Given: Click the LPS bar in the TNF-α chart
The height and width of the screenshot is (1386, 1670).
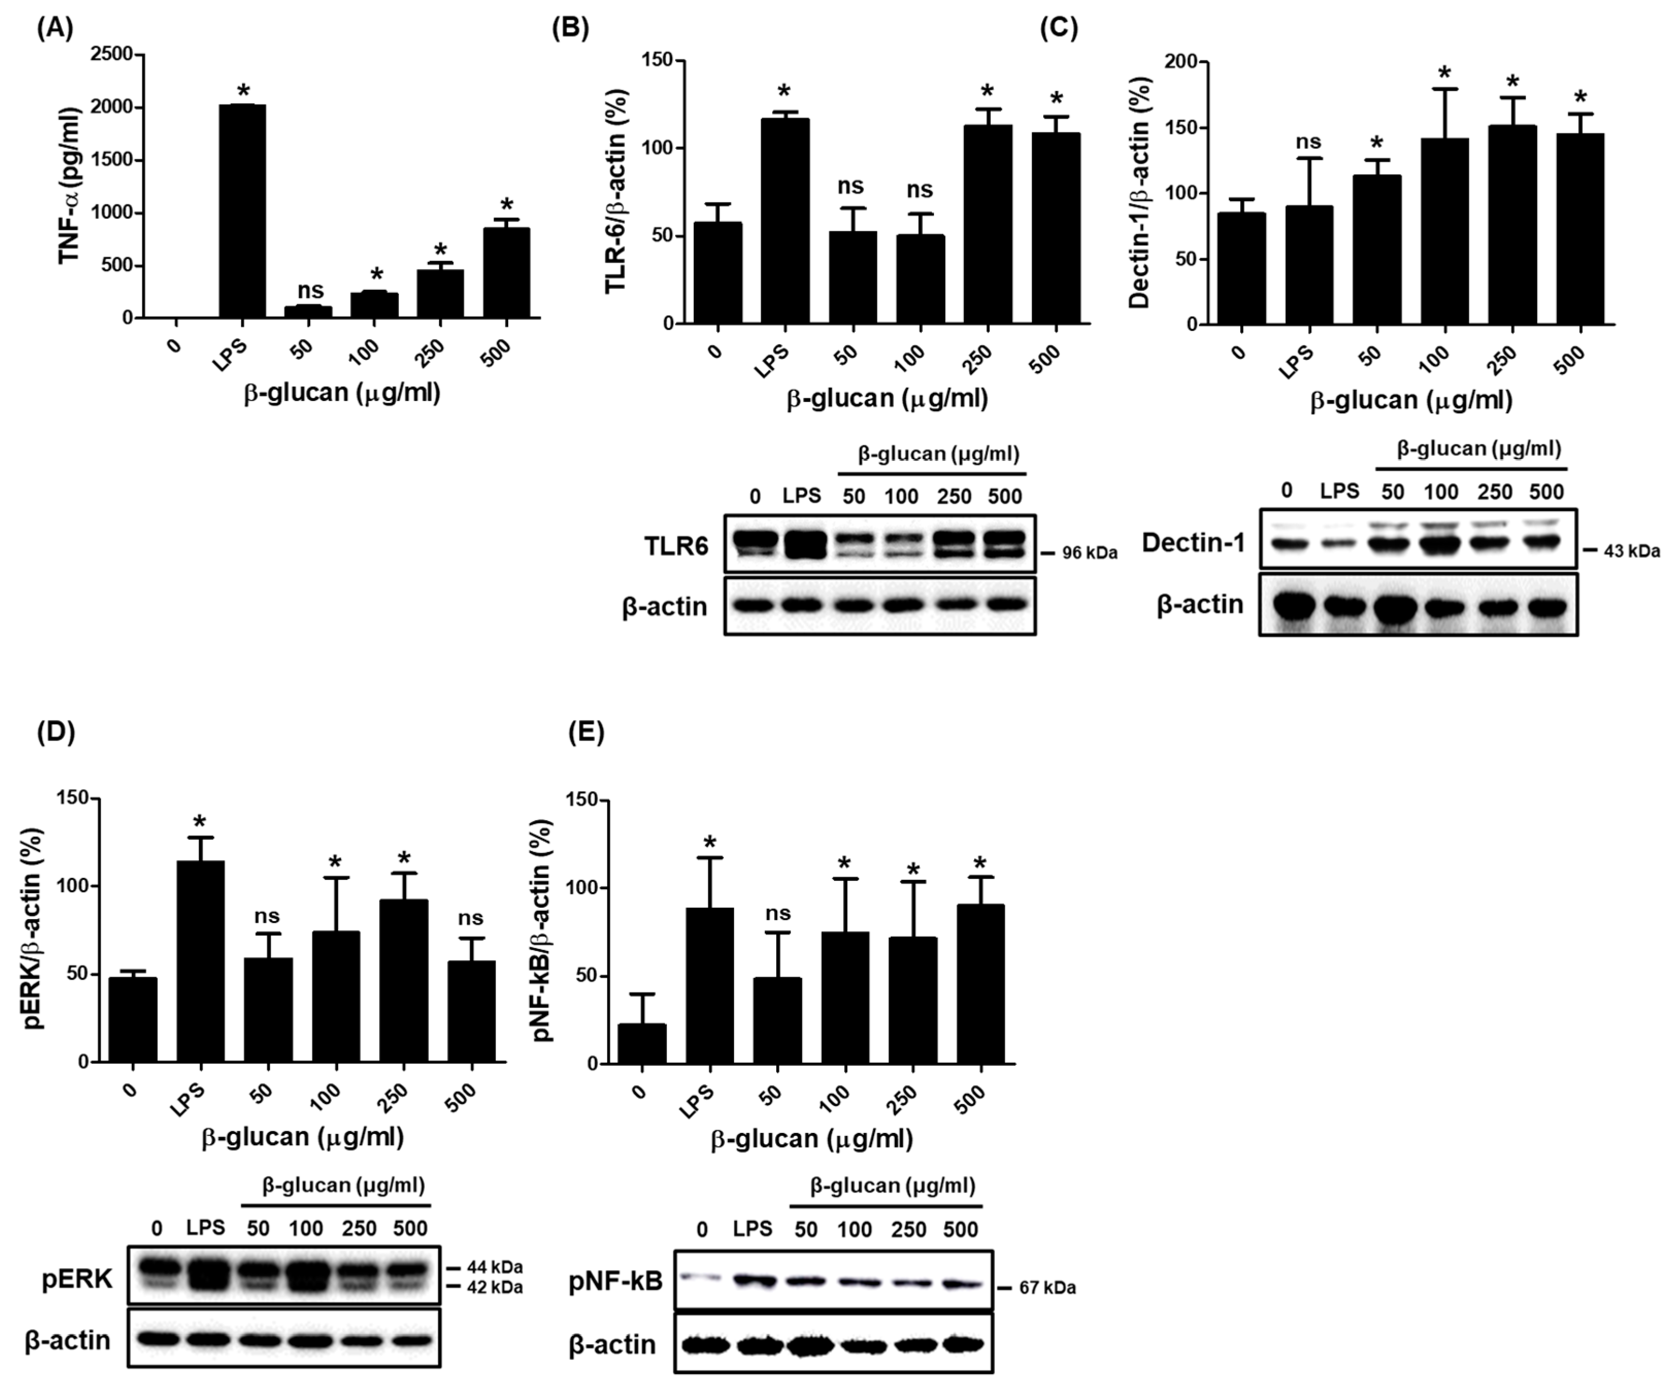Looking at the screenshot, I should (x=243, y=211).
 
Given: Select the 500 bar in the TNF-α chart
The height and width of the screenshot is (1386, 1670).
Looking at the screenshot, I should (x=507, y=273).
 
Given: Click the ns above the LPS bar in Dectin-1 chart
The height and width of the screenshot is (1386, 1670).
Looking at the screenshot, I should (x=1308, y=142).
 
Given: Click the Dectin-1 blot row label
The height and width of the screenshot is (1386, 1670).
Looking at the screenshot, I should (x=1192, y=543).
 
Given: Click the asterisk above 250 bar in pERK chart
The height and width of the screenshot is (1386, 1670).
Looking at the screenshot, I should (x=404, y=859).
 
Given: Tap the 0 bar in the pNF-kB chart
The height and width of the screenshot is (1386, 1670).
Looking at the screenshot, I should (x=642, y=1043).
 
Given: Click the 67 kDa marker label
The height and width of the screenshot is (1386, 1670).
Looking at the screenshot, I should (x=1047, y=1288).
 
